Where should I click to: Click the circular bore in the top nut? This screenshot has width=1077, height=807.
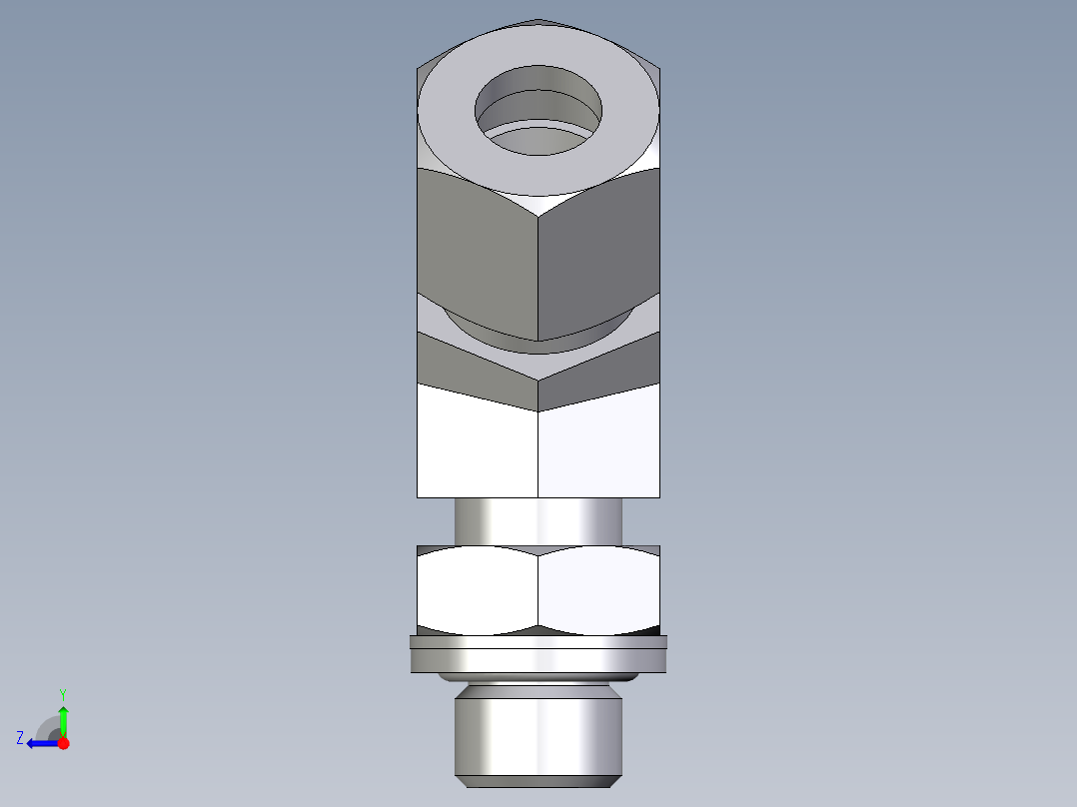tap(538, 110)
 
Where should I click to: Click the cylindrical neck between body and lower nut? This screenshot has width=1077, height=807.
tap(538, 521)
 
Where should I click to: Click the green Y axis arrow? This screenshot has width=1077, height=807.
tap(63, 717)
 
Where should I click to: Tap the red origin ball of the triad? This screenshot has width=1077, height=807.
tap(63, 743)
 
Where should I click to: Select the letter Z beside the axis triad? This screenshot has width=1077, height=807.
tap(20, 738)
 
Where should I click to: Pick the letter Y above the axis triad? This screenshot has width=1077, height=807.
tap(62, 694)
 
